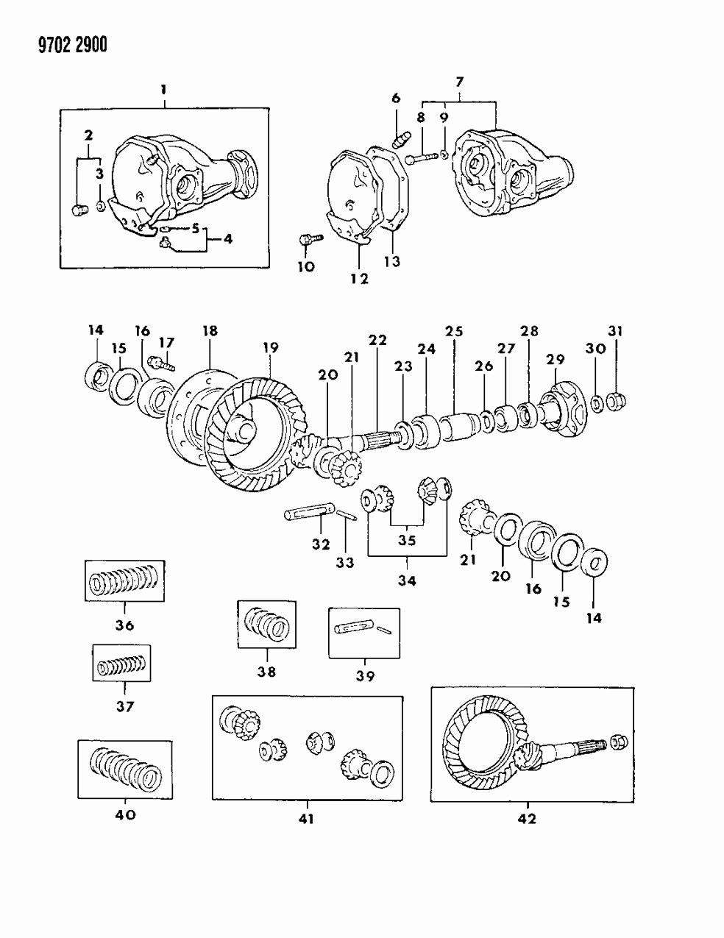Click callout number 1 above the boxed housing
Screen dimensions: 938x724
(x=163, y=90)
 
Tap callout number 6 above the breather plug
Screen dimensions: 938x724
(x=395, y=99)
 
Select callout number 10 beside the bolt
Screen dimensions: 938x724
(x=305, y=266)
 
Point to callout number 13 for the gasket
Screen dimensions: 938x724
(x=391, y=261)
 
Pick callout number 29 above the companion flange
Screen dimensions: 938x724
(x=556, y=358)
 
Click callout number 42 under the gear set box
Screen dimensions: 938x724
(x=528, y=818)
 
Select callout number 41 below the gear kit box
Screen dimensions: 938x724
(x=306, y=818)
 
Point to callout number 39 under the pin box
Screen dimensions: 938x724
(x=365, y=676)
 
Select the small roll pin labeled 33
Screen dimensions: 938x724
(x=347, y=517)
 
